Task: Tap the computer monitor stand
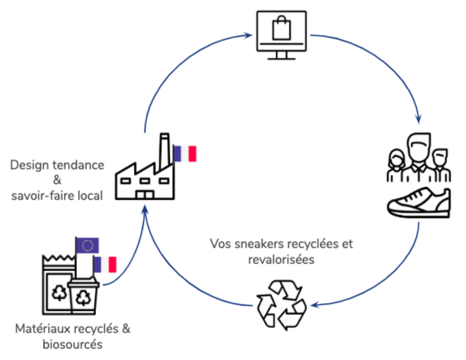[281, 55]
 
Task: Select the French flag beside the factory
[185, 154]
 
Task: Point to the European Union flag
[87, 245]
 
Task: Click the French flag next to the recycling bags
[105, 265]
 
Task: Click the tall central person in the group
[419, 155]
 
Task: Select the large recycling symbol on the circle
[282, 305]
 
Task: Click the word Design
[29, 165]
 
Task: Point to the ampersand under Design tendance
[57, 180]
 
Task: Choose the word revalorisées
[281, 260]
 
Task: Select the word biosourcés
[73, 344]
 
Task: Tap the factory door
[145, 195]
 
